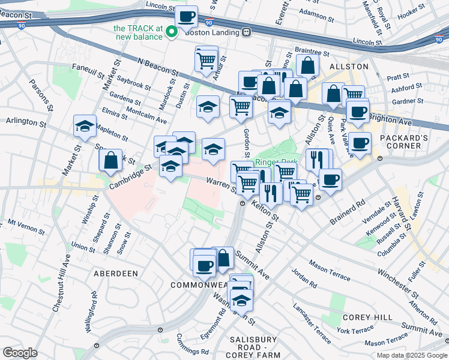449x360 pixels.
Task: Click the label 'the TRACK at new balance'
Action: pyautogui.click(x=138, y=32)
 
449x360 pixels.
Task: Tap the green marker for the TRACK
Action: pyautogui.click(x=171, y=32)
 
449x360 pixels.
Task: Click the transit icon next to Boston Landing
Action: pyautogui.click(x=246, y=32)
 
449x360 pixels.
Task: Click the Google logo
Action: pyautogui.click(x=20, y=353)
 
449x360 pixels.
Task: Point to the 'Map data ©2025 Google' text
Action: pyautogui.click(x=411, y=355)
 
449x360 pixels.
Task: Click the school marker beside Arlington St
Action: pyautogui.click(x=85, y=126)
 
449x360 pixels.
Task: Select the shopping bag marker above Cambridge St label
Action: pyautogui.click(x=111, y=160)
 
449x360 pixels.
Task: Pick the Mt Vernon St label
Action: pyautogui.click(x=26, y=226)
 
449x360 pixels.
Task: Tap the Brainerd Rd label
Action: pyautogui.click(x=348, y=213)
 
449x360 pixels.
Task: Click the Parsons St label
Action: pyautogui.click(x=37, y=95)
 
